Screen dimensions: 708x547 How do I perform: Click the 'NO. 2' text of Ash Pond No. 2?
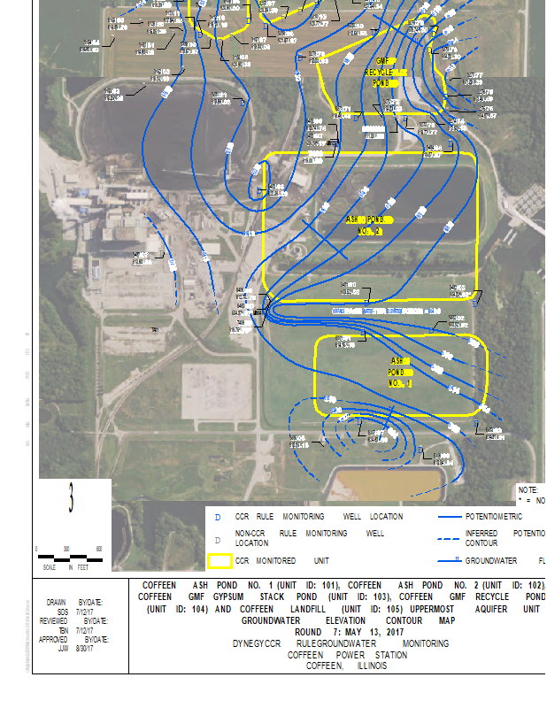point(370,231)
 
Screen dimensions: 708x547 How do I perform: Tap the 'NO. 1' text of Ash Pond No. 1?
point(400,384)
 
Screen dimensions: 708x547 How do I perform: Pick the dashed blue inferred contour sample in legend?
point(462,534)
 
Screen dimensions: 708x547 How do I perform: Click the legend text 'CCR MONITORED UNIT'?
point(281,561)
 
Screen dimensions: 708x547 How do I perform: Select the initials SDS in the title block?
point(62,611)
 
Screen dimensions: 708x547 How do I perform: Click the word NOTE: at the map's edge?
point(528,489)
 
